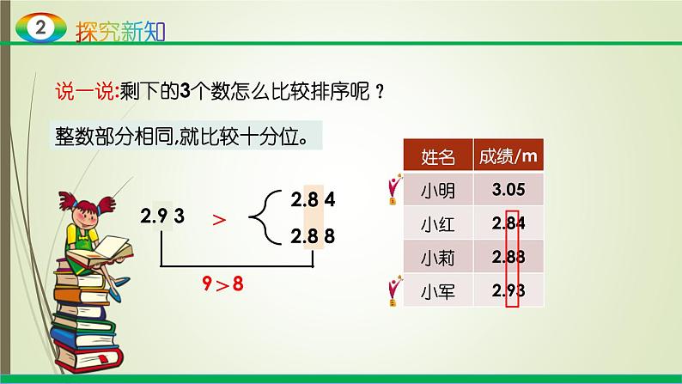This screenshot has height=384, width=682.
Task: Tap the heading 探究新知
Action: click(118, 30)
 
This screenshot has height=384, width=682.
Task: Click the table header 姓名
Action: click(438, 156)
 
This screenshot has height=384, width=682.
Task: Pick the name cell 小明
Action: click(438, 189)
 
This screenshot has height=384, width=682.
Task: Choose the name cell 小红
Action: click(438, 225)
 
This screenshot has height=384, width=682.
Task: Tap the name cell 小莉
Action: click(438, 257)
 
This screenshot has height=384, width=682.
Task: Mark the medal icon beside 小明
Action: click(394, 190)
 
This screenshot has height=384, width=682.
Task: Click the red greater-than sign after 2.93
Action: click(220, 220)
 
